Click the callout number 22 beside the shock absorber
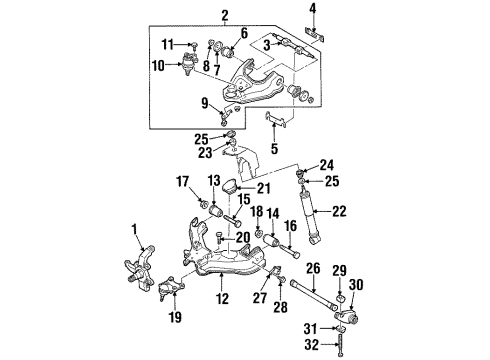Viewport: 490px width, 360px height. click(x=339, y=211)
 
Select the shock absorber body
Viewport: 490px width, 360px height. click(x=310, y=217)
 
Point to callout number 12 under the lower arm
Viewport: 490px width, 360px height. click(x=222, y=298)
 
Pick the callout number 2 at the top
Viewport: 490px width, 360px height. click(x=225, y=16)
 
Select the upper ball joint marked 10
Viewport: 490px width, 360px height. click(x=189, y=63)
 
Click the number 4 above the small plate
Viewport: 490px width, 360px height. click(x=313, y=8)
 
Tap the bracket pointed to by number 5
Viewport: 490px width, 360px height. click(x=276, y=120)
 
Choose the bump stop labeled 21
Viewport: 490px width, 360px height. click(x=229, y=186)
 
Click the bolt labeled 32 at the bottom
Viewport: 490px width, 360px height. click(x=340, y=345)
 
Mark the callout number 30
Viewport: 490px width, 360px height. click(x=356, y=285)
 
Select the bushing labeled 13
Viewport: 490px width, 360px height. click(x=216, y=211)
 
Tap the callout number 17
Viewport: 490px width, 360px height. click(x=182, y=182)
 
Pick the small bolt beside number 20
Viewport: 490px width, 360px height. click(x=219, y=238)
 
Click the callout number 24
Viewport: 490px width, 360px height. click(x=327, y=165)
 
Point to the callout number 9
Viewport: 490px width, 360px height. click(x=205, y=103)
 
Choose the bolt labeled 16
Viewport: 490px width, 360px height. click(x=289, y=251)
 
